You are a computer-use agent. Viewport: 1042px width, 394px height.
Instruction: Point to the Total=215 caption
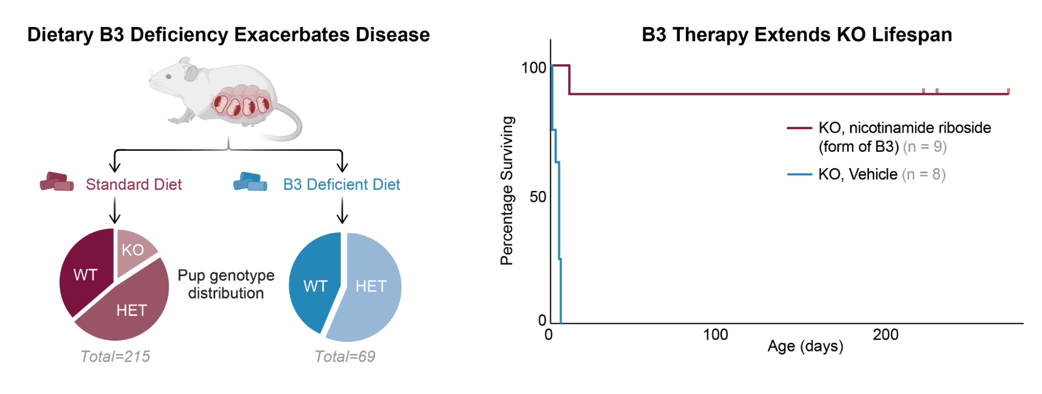[115, 356]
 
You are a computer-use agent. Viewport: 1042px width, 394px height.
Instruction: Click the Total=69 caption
[345, 356]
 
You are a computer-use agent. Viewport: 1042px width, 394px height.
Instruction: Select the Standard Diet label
[133, 184]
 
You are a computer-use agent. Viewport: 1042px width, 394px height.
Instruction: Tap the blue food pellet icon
[250, 182]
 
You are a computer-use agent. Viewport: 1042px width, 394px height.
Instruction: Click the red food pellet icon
[57, 182]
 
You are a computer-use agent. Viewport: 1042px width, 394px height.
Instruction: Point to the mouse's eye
[168, 77]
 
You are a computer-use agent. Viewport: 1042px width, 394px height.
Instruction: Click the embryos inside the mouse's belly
[241, 102]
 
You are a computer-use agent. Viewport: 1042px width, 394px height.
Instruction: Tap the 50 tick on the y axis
[537, 197]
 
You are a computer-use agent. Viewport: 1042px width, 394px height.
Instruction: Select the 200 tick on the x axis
[885, 335]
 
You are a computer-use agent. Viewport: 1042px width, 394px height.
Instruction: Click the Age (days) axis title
[805, 346]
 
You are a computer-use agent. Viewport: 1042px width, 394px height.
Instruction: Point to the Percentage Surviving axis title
[507, 190]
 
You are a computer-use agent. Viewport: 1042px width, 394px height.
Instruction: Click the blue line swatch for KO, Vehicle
[799, 174]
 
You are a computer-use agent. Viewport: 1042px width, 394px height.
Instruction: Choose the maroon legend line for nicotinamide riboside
[799, 128]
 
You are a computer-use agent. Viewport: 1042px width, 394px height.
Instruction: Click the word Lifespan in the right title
[912, 34]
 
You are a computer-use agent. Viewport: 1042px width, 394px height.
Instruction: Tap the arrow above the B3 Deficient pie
[342, 211]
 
